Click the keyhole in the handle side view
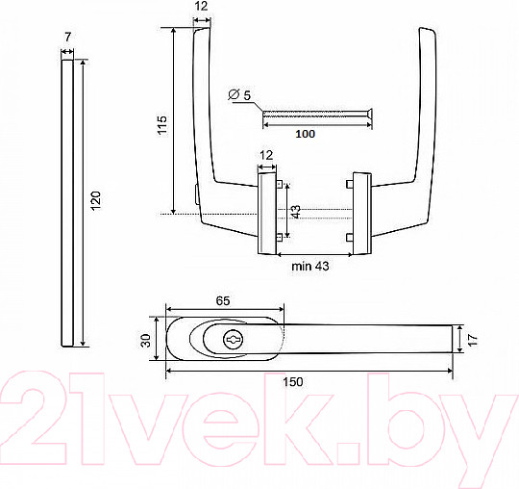(x=234, y=340)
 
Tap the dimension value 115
(x=162, y=125)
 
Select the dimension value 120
(x=96, y=200)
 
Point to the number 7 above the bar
(x=67, y=37)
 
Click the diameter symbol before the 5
(x=234, y=95)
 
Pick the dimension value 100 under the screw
(x=306, y=134)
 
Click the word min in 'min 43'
(x=301, y=266)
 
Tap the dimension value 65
(x=223, y=300)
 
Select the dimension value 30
(x=146, y=341)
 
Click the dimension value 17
(x=474, y=340)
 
